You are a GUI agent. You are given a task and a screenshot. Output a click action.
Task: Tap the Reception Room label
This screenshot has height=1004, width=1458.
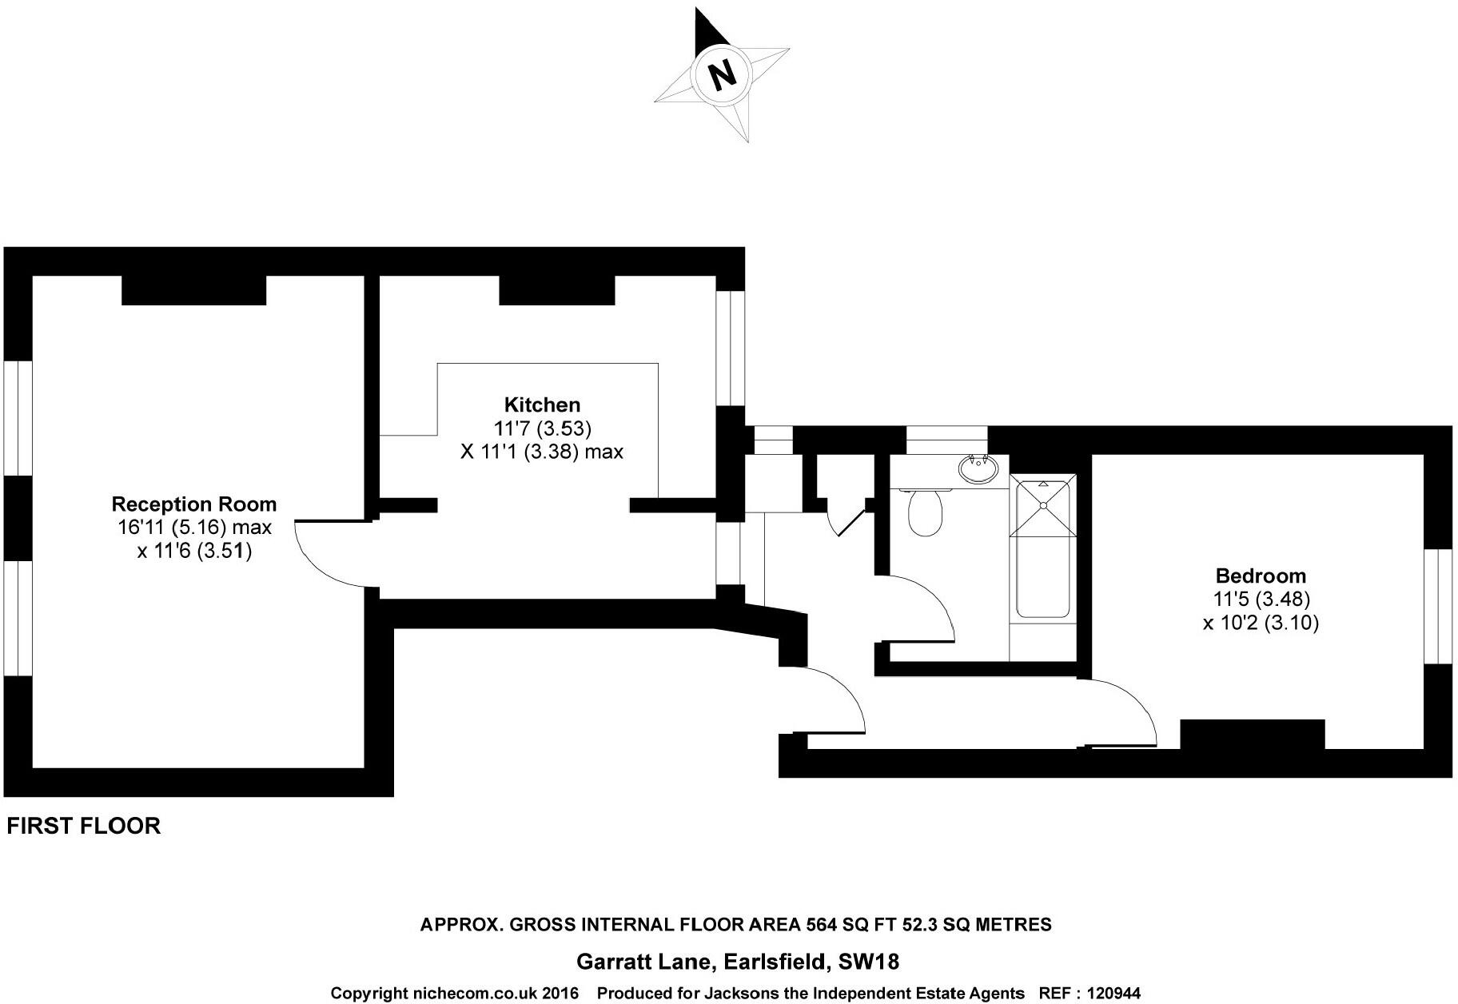[193, 504]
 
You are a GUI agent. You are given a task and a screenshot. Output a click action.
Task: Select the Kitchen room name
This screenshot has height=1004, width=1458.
[542, 404]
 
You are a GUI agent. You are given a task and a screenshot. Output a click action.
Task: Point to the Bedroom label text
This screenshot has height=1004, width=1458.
[1260, 576]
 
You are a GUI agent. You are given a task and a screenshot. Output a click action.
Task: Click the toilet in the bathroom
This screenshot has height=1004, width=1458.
[926, 513]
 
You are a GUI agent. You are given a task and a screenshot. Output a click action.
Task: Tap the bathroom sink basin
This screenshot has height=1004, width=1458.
[977, 470]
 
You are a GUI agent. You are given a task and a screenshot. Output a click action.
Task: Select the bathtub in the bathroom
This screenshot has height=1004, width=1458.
[1042, 576]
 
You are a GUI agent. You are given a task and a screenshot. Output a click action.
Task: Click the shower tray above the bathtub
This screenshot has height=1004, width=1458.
[1042, 505]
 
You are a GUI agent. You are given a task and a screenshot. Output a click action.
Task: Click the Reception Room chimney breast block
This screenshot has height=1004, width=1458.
[193, 290]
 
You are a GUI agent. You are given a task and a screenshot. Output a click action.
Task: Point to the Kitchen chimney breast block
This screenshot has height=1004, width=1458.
[556, 290]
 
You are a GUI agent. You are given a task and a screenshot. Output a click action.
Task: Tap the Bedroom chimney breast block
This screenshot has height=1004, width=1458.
[1252, 734]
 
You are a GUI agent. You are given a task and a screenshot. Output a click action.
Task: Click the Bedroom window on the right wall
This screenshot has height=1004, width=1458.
[1437, 606]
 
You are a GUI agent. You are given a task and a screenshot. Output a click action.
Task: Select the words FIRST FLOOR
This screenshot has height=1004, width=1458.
[84, 826]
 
